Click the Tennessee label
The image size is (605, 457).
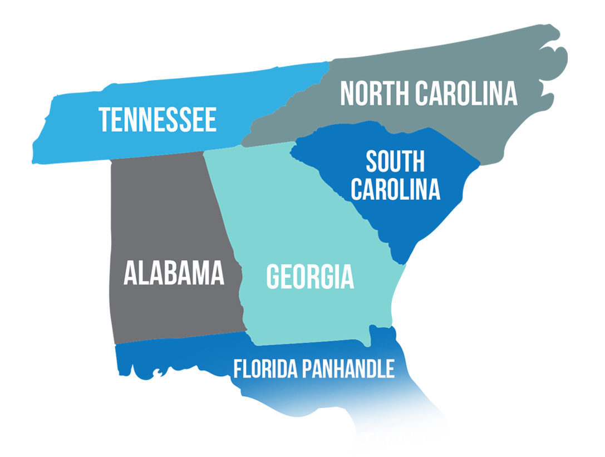click(158, 120)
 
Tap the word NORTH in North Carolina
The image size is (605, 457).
click(373, 94)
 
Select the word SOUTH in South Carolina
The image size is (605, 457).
click(395, 161)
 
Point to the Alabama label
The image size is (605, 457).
click(174, 273)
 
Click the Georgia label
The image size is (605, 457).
click(310, 277)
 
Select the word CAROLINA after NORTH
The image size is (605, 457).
click(466, 94)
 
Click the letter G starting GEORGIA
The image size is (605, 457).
click(273, 277)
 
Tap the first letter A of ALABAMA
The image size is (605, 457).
click(130, 273)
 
